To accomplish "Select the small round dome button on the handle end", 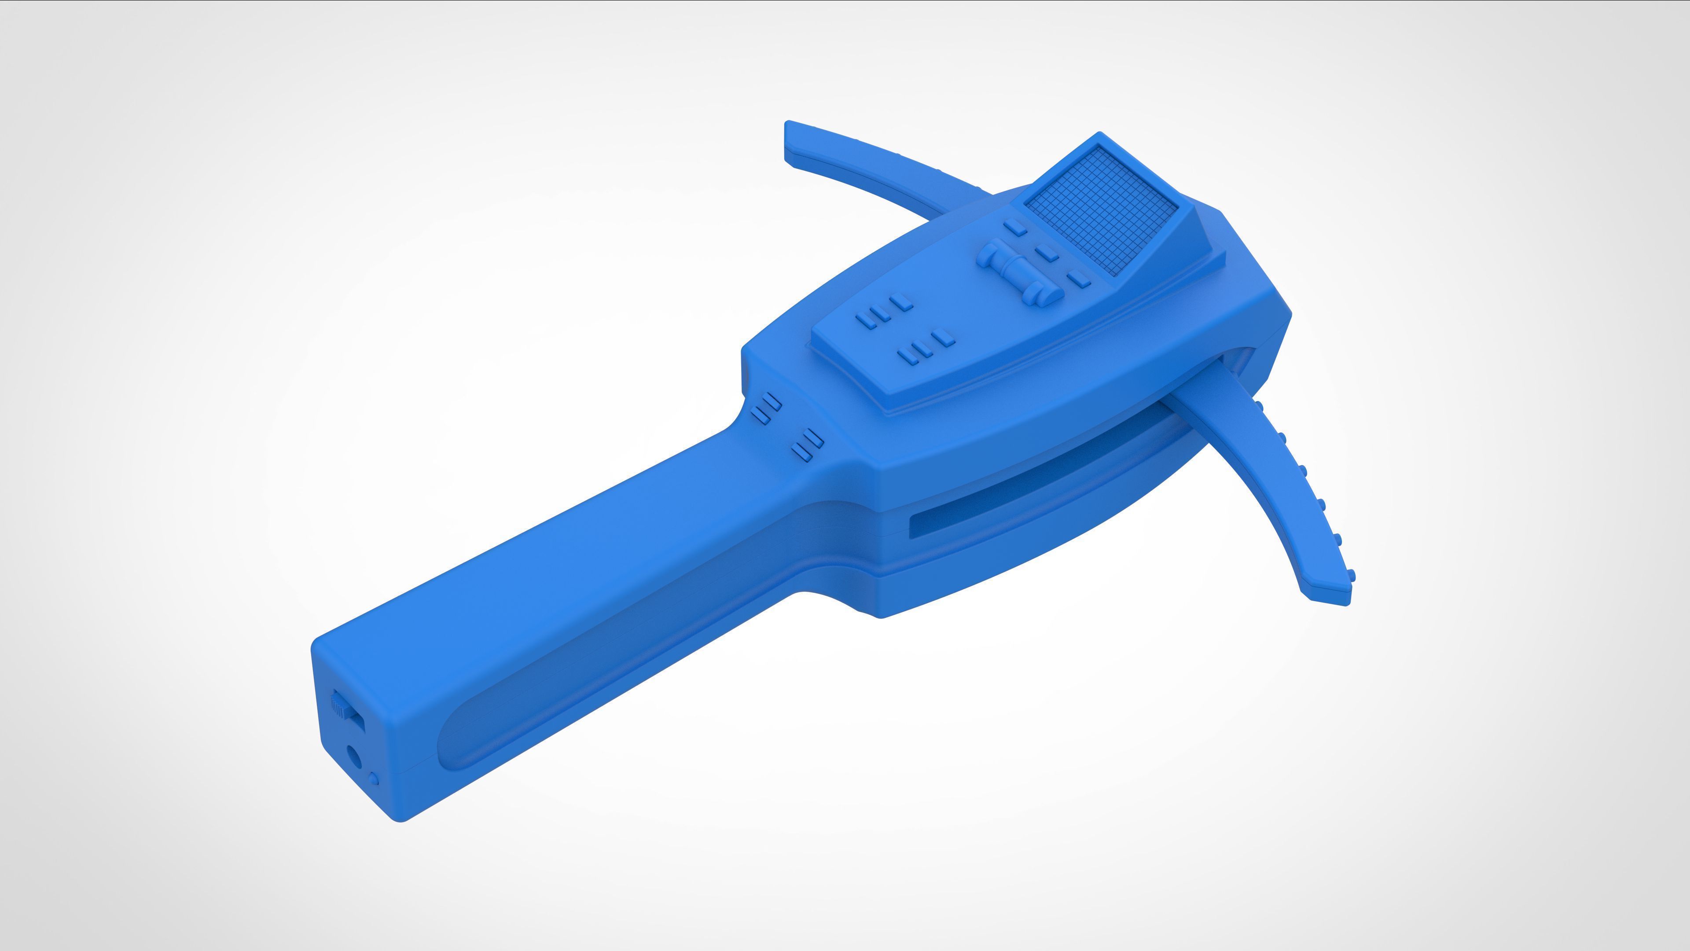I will tap(374, 779).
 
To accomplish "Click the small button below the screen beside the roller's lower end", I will tap(1078, 280).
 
